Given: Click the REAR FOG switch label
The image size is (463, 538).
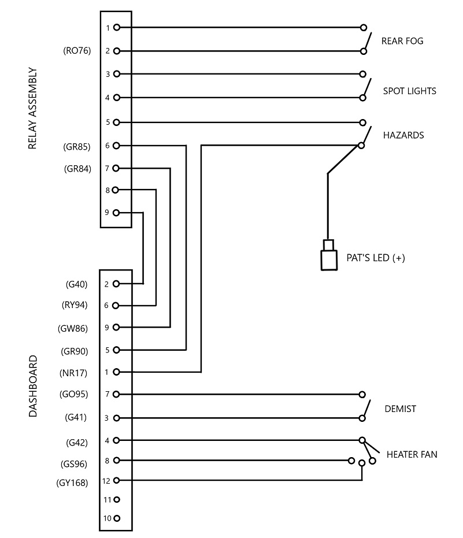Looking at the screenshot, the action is (x=402, y=41).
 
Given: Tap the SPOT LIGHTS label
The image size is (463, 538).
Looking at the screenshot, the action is (x=409, y=91).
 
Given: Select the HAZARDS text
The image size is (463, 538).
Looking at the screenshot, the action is (x=403, y=135).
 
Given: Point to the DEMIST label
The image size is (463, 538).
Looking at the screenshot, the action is (x=400, y=409).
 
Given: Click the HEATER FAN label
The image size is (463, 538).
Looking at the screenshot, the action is (x=412, y=455).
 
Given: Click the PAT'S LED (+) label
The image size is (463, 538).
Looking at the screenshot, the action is (x=376, y=258).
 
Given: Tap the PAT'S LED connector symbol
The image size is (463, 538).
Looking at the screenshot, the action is (x=329, y=255).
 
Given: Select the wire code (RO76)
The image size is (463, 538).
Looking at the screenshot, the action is (x=77, y=51).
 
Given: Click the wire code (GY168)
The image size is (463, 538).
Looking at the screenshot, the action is (x=72, y=483).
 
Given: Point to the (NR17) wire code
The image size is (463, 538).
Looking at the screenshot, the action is (x=73, y=373).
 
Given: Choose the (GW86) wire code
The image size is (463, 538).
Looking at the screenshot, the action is (x=73, y=329).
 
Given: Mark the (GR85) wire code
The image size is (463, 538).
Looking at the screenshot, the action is (x=76, y=147).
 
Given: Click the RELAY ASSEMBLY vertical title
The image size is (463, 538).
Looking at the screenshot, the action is (x=32, y=108).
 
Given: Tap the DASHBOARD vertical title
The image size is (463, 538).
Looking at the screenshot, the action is (x=32, y=386).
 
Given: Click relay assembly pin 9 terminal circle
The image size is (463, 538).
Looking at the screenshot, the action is (x=116, y=213).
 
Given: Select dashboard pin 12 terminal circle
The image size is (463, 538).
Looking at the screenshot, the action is (x=116, y=480).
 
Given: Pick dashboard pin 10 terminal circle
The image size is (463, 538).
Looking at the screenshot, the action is (x=117, y=518).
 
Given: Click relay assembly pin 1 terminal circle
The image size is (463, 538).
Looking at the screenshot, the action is (x=117, y=28).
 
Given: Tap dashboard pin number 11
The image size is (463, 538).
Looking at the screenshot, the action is (x=107, y=500).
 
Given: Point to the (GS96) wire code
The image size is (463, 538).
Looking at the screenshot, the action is (x=74, y=464).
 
